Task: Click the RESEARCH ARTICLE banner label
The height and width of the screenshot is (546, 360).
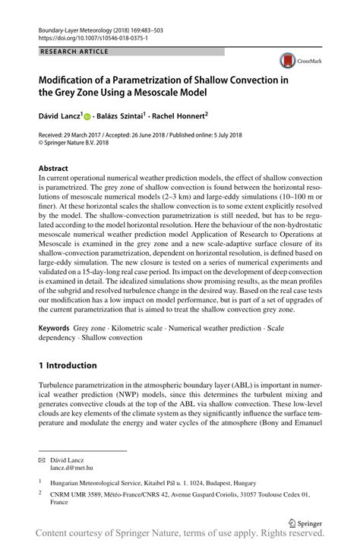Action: [x=72, y=51]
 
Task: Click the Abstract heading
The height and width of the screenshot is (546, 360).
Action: [x=54, y=166]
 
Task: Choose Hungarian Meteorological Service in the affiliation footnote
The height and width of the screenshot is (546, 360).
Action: [x=94, y=482]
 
